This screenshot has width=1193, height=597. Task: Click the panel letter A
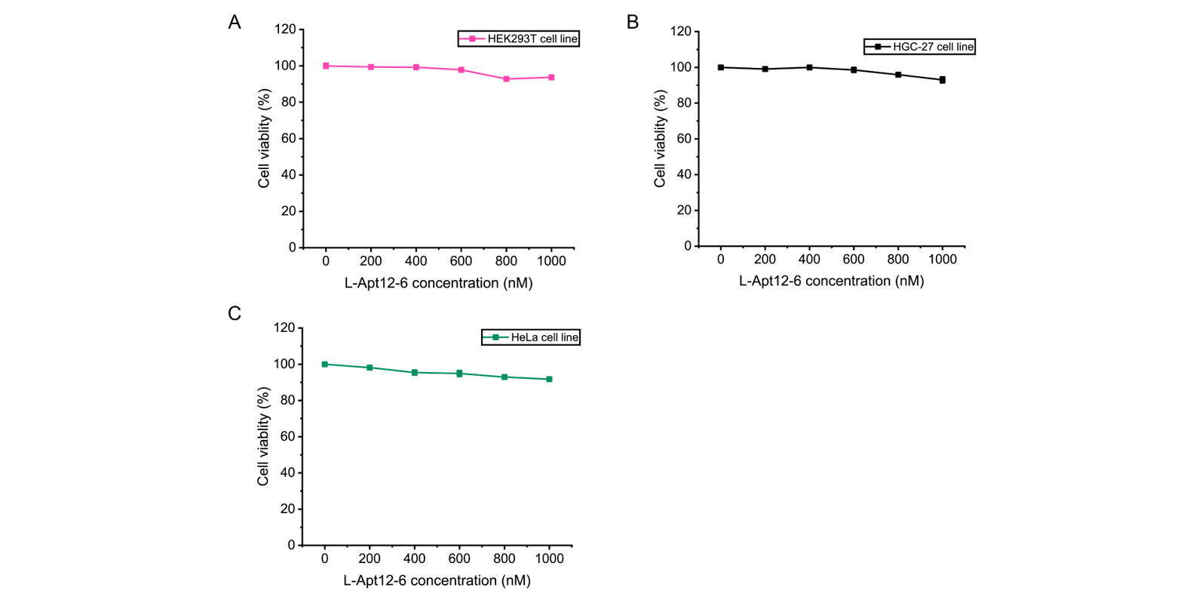235,23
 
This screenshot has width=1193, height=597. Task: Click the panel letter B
633,23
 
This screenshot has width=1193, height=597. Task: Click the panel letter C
235,313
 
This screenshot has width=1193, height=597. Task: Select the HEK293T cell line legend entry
519,38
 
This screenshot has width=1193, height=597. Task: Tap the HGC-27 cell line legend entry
919,47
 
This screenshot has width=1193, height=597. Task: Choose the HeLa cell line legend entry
531,337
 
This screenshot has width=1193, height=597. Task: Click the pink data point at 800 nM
506,78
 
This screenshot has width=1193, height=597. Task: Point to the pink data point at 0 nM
326,66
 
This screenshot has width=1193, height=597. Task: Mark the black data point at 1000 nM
942,79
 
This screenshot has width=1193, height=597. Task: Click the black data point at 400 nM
809,67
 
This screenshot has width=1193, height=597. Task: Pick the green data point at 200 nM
370,368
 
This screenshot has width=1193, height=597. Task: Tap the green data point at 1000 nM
549,379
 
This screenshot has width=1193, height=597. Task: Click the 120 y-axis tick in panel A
285,29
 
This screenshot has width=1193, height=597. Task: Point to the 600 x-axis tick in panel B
854,259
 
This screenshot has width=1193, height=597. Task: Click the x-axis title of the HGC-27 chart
831,281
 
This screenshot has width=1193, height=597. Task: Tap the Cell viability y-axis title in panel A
264,138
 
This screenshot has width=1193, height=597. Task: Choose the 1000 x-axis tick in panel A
551,260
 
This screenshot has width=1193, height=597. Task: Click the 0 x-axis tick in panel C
325,559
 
